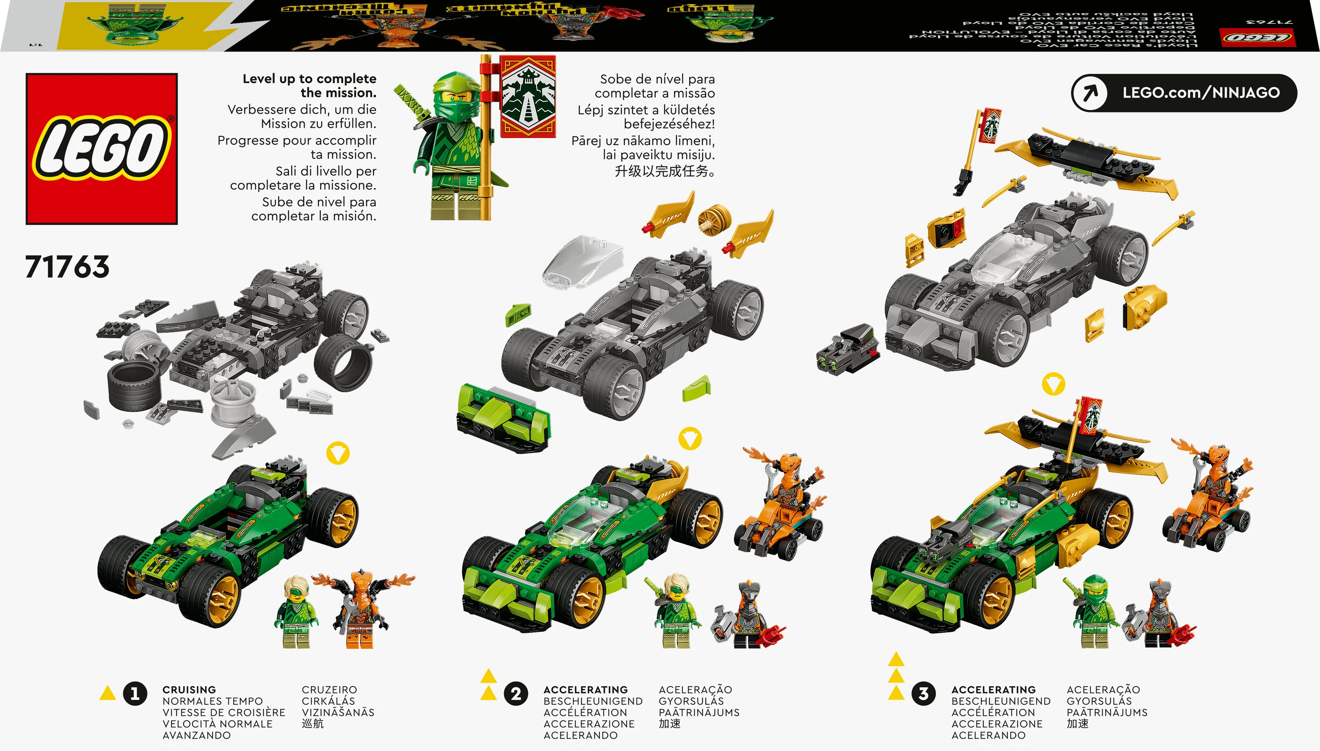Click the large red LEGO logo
pyautogui.click(x=102, y=149)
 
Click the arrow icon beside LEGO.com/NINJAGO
pyautogui.click(x=1089, y=93)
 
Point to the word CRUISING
pyautogui.click(x=189, y=689)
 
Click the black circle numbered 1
pyautogui.click(x=135, y=693)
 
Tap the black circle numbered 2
pyautogui.click(x=516, y=693)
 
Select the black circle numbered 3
pyautogui.click(x=923, y=693)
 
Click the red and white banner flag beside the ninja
pyautogui.click(x=528, y=96)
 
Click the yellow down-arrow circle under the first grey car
pyautogui.click(x=338, y=453)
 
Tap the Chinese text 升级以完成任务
pyautogui.click(x=664, y=171)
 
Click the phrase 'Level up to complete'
pyautogui.click(x=309, y=79)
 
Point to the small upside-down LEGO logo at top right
pyautogui.click(x=1257, y=37)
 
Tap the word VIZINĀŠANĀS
pyautogui.click(x=338, y=712)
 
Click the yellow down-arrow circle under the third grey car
pyautogui.click(x=1053, y=384)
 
